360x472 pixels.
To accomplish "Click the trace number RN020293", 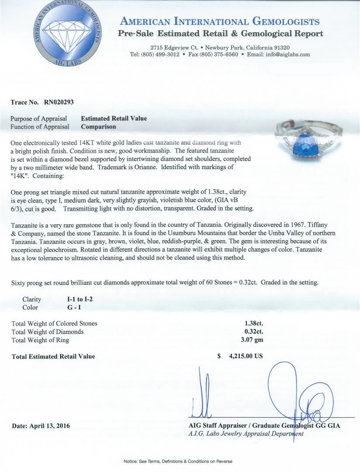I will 59,102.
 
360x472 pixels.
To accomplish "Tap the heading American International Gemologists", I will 220,21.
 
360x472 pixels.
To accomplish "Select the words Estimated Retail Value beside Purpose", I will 114,118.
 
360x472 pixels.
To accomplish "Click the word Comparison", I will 98,126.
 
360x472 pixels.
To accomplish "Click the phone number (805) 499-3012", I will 160,55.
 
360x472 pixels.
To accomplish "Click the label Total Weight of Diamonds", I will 47,332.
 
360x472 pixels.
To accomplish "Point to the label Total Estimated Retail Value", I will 53,356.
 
